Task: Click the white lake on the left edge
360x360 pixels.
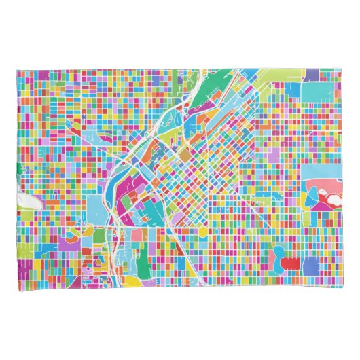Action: (x=28, y=201)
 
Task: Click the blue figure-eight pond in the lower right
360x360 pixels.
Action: (x=278, y=255)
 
